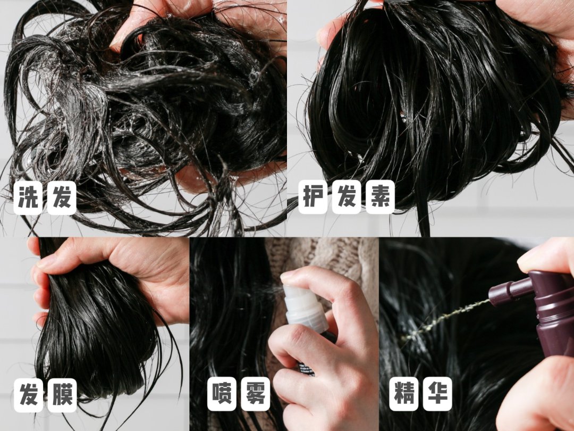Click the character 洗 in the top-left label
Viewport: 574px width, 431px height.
pos(28,198)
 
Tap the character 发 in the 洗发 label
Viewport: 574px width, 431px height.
pos(62,198)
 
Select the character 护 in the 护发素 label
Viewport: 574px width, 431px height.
pos(313,197)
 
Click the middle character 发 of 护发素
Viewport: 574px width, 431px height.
pos(347,197)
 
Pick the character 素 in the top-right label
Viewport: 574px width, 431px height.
pos(380,197)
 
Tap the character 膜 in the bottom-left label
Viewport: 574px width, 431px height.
pos(62,395)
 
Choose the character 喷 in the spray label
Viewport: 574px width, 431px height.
pos(222,394)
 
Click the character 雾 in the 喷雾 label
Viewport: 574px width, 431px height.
pos(256,394)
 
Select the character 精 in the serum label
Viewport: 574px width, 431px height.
pos(403,394)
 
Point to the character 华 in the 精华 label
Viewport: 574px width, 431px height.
pos(437,394)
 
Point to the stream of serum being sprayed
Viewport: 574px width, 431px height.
pos(444,319)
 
